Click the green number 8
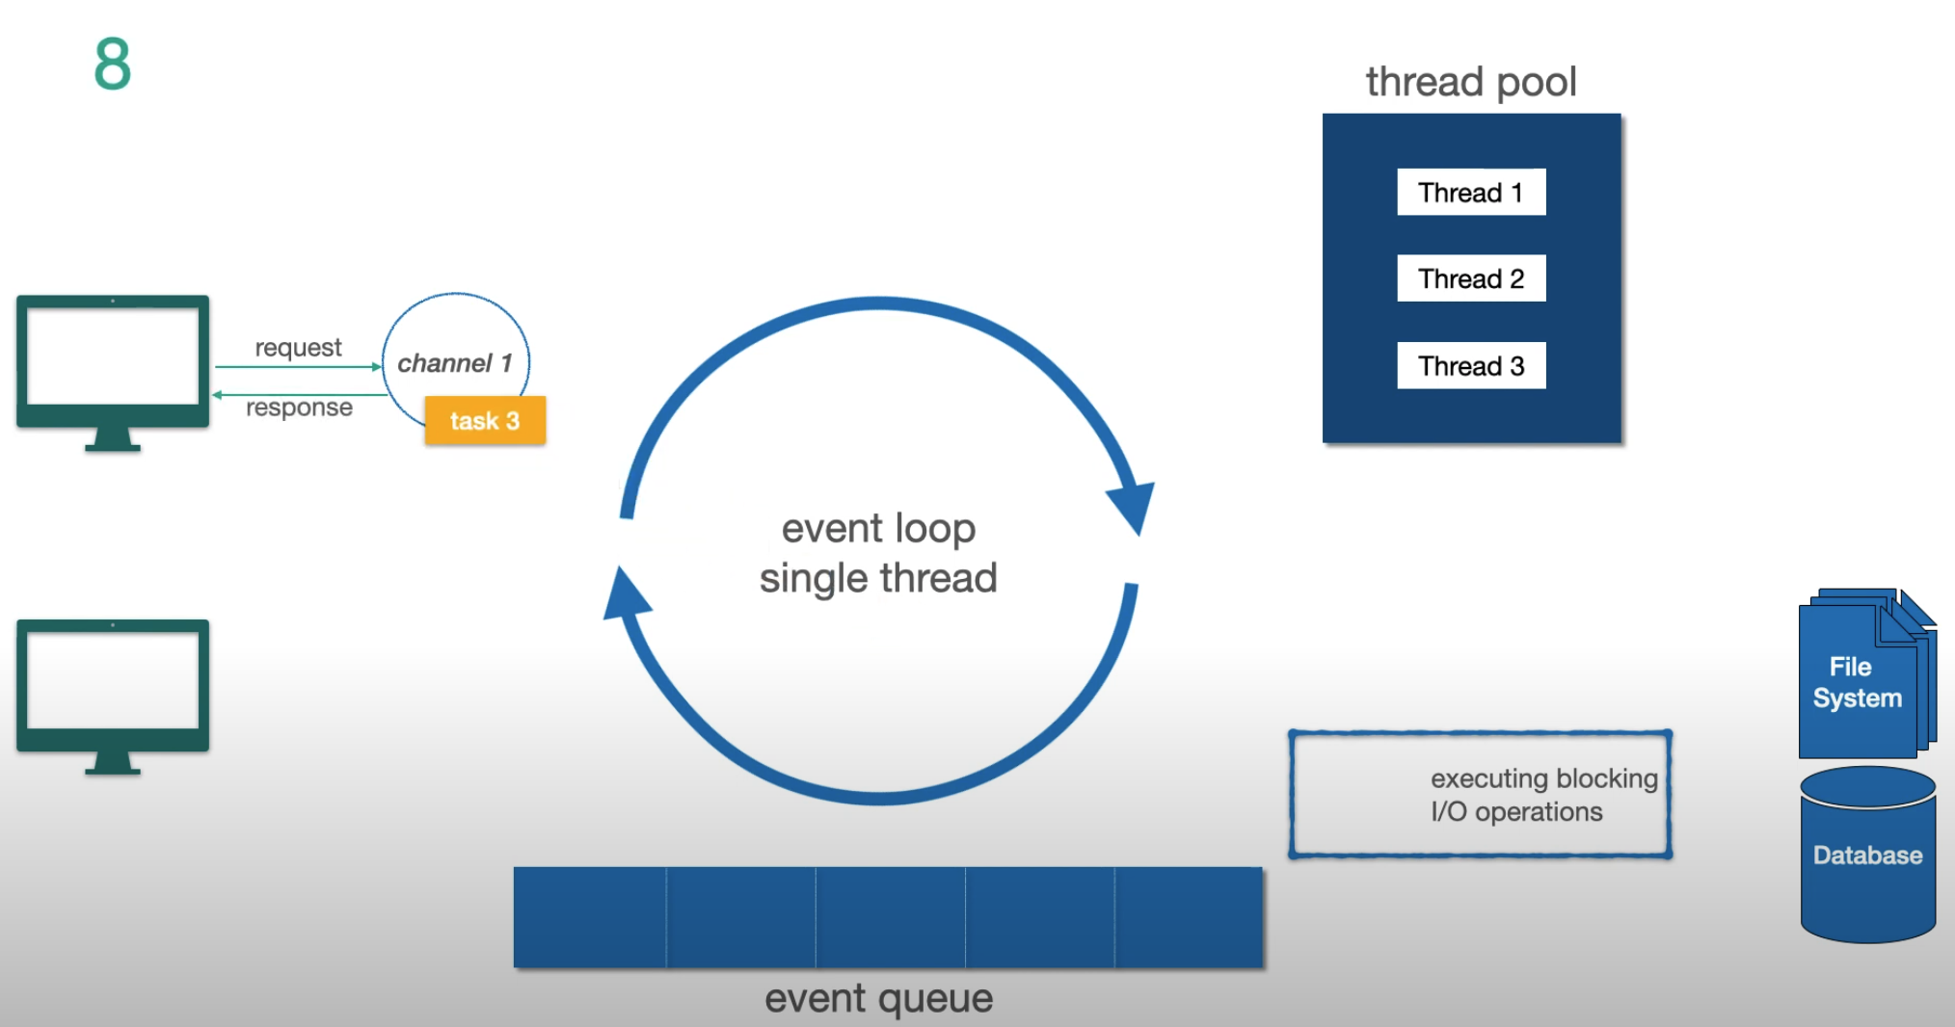(112, 65)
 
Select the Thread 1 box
(1470, 193)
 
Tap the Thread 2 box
(1470, 278)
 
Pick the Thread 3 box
(1470, 366)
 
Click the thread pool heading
(1470, 82)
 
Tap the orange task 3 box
(485, 421)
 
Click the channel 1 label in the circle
(454, 363)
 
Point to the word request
(298, 348)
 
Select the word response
(299, 408)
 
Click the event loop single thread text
(878, 553)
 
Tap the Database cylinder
(1867, 856)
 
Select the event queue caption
(878, 999)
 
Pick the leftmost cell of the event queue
(589, 917)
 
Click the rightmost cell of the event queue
(1189, 917)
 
